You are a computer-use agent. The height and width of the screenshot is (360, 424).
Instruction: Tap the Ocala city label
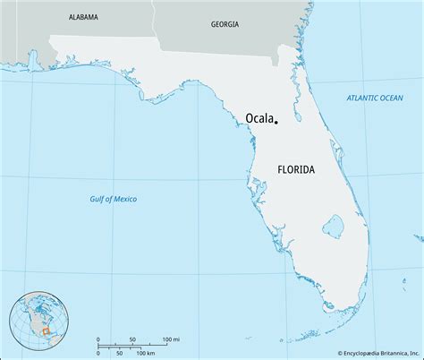[259, 117]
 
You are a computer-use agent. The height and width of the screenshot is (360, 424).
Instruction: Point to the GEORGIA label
[224, 25]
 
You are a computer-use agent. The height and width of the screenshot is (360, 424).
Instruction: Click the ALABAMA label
[83, 17]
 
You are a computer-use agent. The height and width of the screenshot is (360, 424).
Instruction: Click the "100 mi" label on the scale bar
[171, 339]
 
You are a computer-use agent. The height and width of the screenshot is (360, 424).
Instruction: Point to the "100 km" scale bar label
[144, 351]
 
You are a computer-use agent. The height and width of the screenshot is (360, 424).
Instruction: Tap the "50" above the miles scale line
[132, 339]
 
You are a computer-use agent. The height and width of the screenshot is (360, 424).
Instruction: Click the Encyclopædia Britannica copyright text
[364, 351]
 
